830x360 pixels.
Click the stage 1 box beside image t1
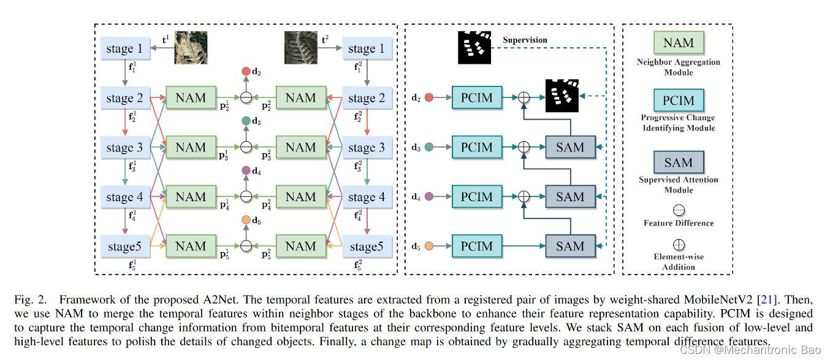125,49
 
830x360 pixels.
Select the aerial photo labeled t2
300,48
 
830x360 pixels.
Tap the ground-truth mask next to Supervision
474,47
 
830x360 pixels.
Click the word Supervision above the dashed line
525,40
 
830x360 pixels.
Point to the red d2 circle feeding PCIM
429,98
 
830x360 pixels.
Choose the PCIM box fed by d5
476,246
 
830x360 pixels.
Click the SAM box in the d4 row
570,197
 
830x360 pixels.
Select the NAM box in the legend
678,44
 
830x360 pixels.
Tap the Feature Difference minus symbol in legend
678,210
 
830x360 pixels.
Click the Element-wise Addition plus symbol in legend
678,245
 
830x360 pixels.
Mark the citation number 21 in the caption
764,299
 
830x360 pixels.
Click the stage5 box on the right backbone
367,247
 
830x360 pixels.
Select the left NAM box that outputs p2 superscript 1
191,98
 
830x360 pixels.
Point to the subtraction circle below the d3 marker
246,147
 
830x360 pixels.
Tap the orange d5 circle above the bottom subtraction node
246,220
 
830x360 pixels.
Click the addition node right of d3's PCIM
524,147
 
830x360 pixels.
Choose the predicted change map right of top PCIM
562,96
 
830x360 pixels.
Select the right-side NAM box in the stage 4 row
300,197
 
